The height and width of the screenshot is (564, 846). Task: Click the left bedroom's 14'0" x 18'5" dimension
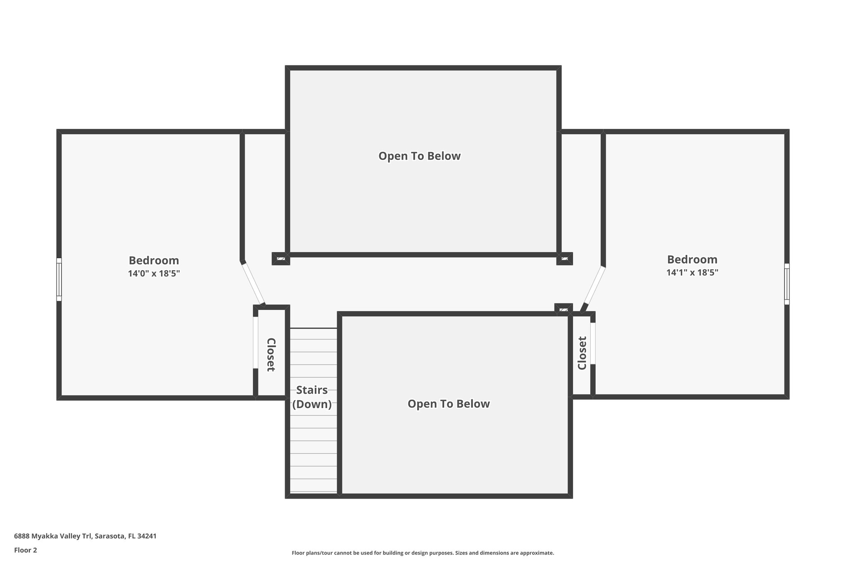[x=154, y=274]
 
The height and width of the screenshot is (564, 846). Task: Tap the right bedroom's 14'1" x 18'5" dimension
[x=692, y=273]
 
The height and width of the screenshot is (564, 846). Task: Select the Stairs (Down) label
[x=312, y=397]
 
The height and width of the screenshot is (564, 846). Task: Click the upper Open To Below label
[x=419, y=156]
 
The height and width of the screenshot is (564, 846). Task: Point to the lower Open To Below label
[x=449, y=404]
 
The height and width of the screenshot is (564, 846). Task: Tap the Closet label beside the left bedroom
[x=271, y=355]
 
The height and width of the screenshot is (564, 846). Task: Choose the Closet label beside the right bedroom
[x=582, y=353]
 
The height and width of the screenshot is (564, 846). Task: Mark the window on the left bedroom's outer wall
[x=59, y=279]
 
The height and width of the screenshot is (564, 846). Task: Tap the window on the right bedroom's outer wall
[x=787, y=284]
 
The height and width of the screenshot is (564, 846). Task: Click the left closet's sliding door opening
[x=255, y=342]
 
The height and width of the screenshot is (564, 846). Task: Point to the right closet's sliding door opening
[x=593, y=343]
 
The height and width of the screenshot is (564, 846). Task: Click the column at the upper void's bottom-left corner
[x=280, y=259]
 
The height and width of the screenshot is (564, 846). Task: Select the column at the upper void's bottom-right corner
[x=565, y=259]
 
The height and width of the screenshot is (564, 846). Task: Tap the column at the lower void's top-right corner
[x=563, y=309]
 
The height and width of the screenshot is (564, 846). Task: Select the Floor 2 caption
[x=26, y=550]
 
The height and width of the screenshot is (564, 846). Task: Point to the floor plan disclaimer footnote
[x=423, y=553]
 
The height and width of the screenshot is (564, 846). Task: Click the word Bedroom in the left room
[x=154, y=261]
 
